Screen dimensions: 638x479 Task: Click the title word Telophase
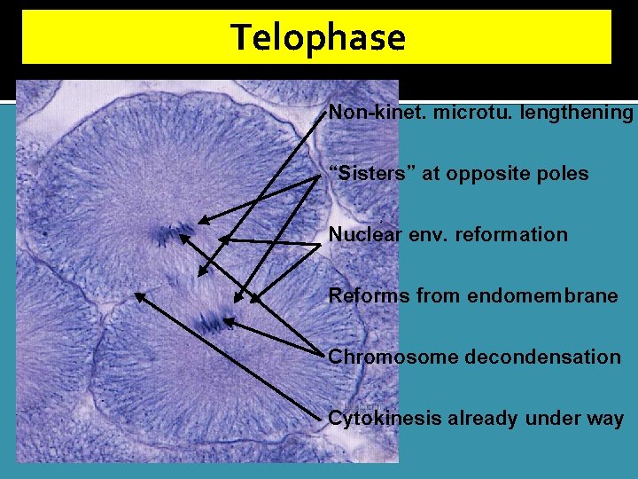tap(318, 38)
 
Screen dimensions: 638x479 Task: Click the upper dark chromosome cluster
tap(172, 234)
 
